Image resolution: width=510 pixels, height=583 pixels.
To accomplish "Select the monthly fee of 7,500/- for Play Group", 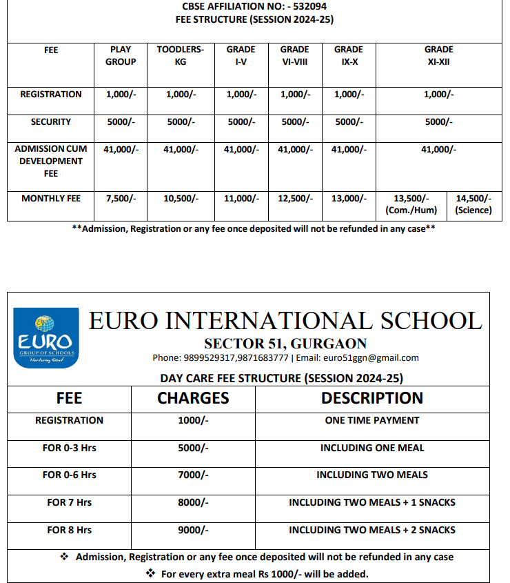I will [x=121, y=199].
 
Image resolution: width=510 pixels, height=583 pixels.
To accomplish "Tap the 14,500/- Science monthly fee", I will [x=473, y=204].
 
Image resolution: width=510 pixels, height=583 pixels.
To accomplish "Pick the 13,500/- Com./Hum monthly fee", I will [x=411, y=204].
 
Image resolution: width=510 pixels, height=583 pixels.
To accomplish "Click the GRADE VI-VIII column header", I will [x=294, y=55].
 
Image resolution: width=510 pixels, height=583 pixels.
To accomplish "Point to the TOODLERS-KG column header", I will [x=181, y=55].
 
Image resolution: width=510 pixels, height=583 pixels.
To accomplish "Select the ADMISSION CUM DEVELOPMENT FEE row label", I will [x=51, y=161].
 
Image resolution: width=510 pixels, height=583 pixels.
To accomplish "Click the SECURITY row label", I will [x=51, y=122].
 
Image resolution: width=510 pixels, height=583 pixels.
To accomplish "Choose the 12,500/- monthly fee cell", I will [x=294, y=199].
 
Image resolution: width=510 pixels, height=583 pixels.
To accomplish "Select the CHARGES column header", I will [x=193, y=398].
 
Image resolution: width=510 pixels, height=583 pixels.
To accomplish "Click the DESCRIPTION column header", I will [x=372, y=398].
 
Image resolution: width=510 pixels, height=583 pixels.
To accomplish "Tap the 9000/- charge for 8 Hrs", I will [x=193, y=530].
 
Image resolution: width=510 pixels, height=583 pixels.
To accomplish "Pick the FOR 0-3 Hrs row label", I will [x=69, y=448].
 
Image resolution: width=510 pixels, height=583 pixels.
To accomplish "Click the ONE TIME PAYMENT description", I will [x=372, y=420].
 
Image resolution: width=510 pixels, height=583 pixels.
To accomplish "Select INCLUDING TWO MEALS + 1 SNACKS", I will [x=372, y=502].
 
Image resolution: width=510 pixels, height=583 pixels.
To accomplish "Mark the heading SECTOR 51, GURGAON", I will [x=285, y=344].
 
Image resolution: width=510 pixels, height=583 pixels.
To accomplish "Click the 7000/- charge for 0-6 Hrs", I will [x=193, y=475].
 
